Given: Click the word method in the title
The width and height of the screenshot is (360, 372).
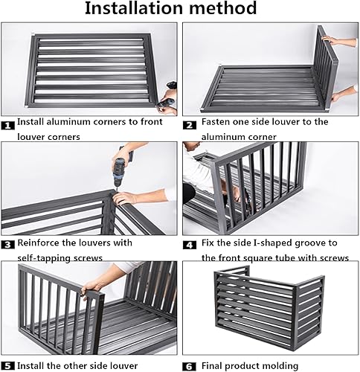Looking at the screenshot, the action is (x=223, y=8).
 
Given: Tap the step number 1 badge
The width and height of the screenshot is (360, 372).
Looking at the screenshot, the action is (x=7, y=126).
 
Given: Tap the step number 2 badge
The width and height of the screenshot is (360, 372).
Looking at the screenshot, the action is (x=190, y=126).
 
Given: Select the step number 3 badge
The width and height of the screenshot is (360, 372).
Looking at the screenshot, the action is (x=7, y=245).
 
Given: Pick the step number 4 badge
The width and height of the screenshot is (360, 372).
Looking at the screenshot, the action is (x=190, y=245).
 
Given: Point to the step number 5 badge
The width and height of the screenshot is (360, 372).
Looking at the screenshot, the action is (x=7, y=366).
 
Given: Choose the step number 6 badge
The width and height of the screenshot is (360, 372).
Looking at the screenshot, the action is (x=190, y=366).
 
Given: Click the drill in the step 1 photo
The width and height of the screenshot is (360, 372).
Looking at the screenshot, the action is (x=169, y=97).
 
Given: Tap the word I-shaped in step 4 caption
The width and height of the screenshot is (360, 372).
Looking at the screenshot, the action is (x=272, y=243).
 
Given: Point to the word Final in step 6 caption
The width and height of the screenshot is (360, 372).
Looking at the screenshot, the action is (x=211, y=366).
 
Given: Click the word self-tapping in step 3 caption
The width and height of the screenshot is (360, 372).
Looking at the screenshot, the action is (x=42, y=258).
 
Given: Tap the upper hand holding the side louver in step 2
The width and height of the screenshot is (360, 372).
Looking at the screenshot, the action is (x=330, y=39).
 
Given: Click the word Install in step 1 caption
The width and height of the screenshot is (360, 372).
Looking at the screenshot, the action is (x=30, y=121).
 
